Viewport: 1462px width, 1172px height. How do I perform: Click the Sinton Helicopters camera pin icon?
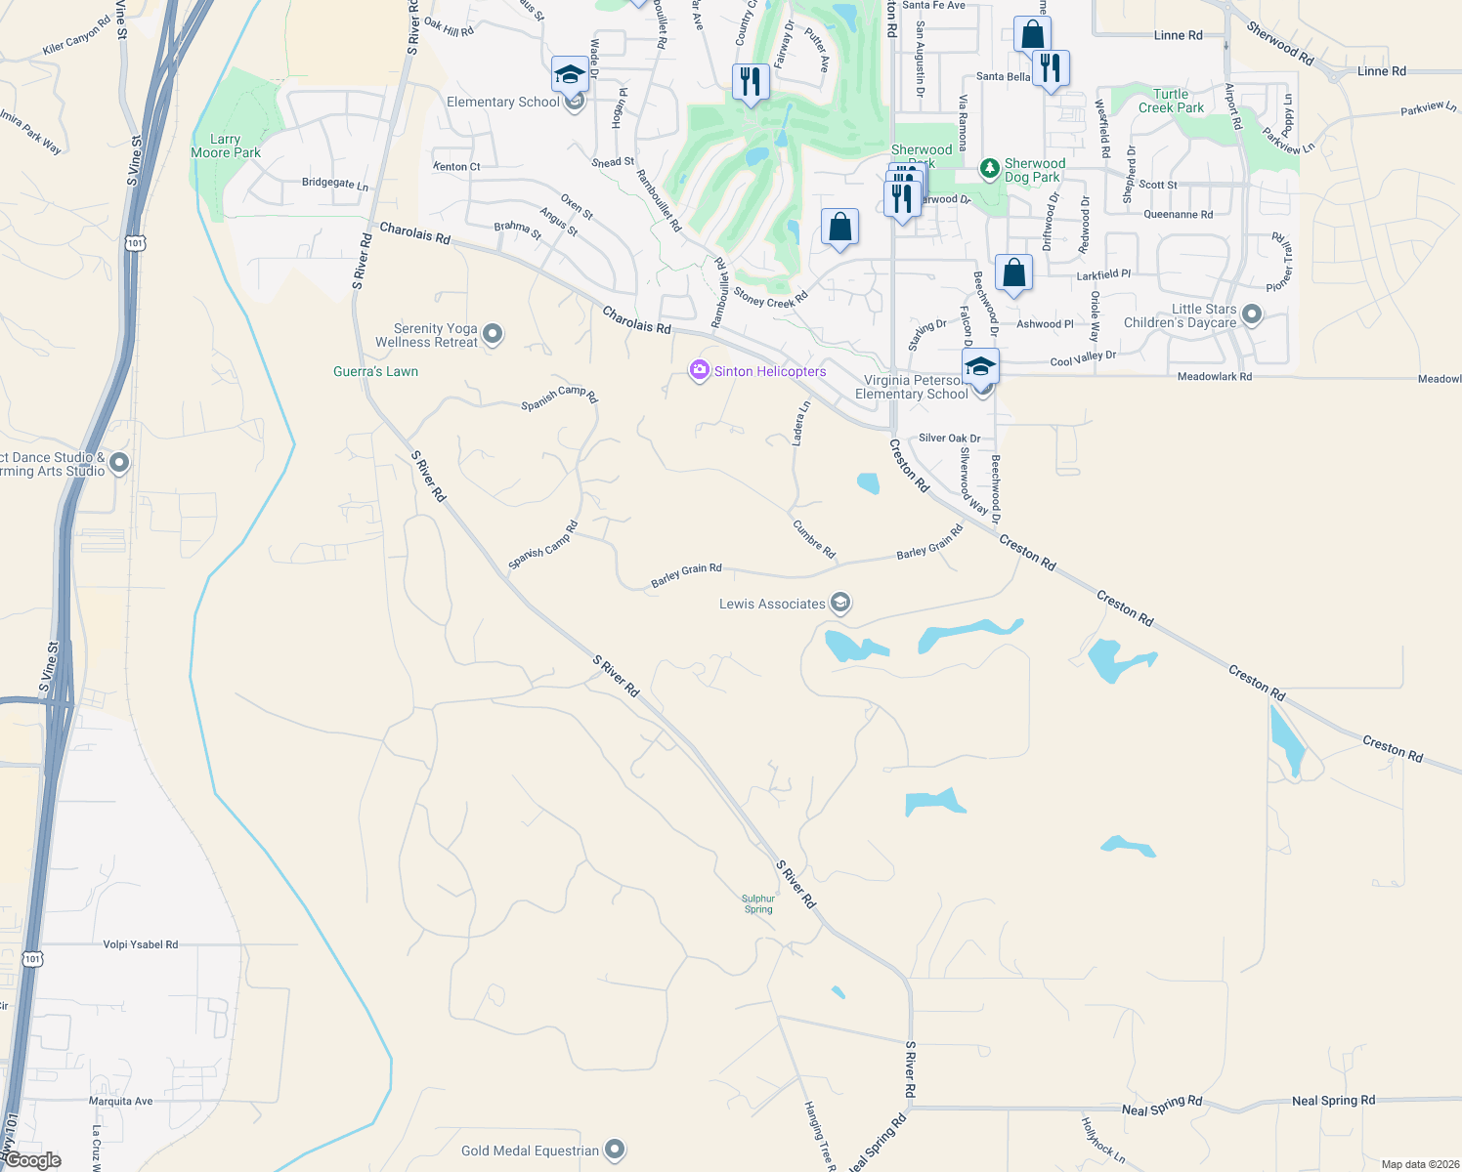(x=699, y=370)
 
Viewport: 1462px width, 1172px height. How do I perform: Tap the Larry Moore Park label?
(x=226, y=146)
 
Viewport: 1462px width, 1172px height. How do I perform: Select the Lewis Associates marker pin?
(x=839, y=603)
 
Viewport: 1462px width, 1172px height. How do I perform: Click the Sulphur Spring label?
(x=758, y=903)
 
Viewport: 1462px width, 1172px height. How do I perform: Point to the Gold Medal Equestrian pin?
(x=615, y=1150)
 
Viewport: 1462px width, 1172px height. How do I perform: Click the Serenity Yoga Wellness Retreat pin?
(x=493, y=334)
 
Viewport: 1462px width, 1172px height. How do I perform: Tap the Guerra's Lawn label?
(x=375, y=371)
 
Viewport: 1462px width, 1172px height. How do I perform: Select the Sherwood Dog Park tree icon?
(x=990, y=169)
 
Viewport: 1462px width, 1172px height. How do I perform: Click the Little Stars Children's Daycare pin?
(x=1252, y=314)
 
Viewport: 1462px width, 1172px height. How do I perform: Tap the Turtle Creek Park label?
(x=1171, y=102)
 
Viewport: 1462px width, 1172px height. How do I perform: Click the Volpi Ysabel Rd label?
(x=141, y=944)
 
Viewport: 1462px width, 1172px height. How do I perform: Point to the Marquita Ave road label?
(x=121, y=1101)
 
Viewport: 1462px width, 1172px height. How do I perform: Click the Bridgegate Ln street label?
(x=335, y=183)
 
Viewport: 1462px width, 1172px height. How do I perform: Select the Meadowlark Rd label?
(x=1214, y=376)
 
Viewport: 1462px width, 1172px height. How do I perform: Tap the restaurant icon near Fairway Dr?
(x=750, y=80)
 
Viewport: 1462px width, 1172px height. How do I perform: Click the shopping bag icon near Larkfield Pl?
(x=1013, y=272)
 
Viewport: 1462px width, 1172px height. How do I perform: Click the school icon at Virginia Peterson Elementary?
(x=979, y=366)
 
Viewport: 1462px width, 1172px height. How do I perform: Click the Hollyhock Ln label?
(x=1102, y=1141)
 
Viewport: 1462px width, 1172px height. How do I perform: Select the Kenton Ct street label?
(x=456, y=166)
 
